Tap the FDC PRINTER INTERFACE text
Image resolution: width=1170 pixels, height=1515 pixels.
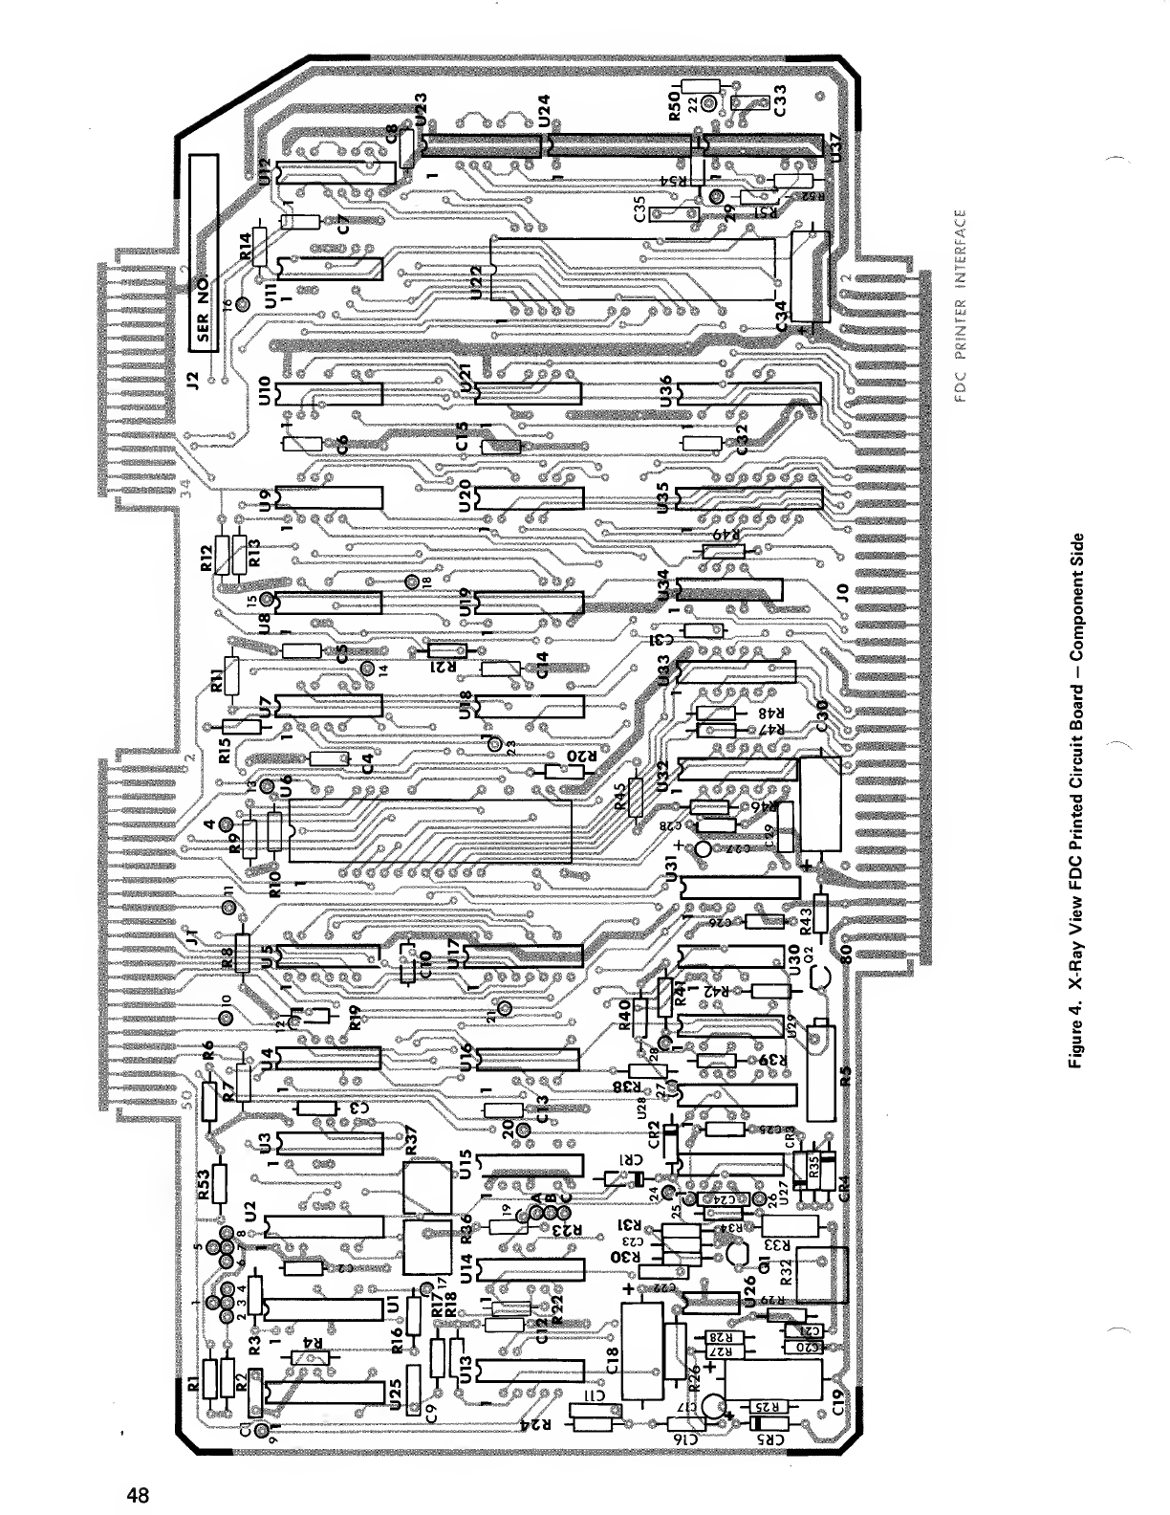click(x=967, y=310)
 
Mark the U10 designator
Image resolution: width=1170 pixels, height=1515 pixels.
click(x=265, y=391)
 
